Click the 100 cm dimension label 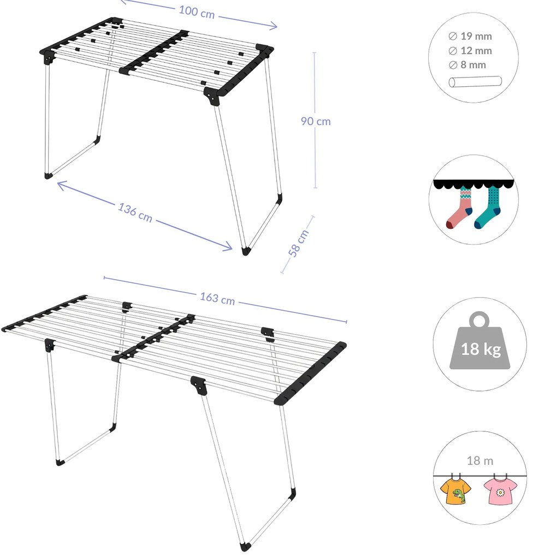[197, 12]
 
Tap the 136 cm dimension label [135, 212]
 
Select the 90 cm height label [316, 121]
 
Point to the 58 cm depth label [298, 243]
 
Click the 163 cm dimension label [217, 298]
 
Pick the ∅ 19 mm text [470, 36]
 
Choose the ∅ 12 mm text [470, 51]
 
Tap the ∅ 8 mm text [467, 65]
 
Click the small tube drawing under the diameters [475, 82]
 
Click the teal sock [488, 208]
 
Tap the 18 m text [479, 461]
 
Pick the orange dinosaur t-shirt [455, 490]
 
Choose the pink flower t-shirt [500, 490]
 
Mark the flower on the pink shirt [500, 493]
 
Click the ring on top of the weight [479, 319]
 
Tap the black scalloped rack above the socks [473, 184]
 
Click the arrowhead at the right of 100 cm [274, 26]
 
